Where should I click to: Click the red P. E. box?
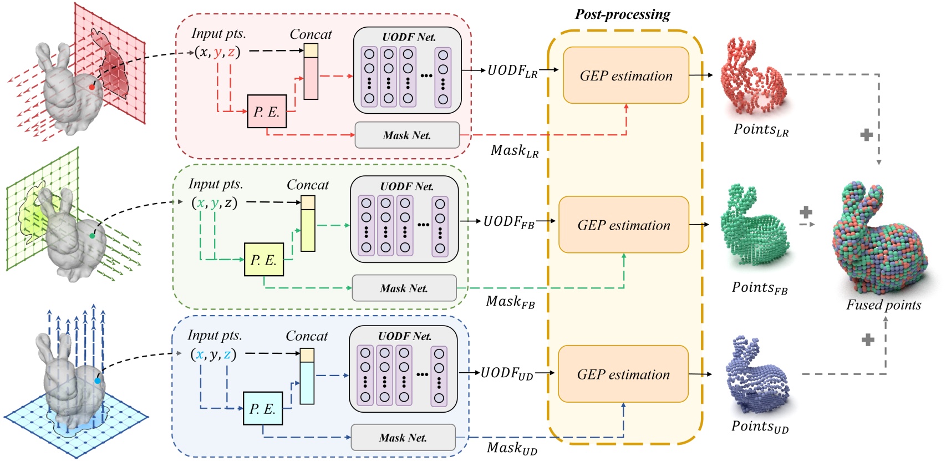pyautogui.click(x=267, y=112)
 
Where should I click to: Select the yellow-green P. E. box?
pyautogui.click(x=263, y=260)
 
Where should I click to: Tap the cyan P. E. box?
pyautogui.click(x=262, y=409)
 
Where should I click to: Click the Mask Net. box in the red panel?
pyautogui.click(x=407, y=135)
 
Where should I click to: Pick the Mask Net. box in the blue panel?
pyautogui.click(x=403, y=438)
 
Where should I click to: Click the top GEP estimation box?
pyautogui.click(x=626, y=76)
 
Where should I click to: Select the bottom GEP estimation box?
pyautogui.click(x=623, y=374)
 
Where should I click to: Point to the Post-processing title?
pyautogui.click(x=622, y=14)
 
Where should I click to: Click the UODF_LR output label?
pyautogui.click(x=512, y=71)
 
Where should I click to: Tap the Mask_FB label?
pyautogui.click(x=510, y=302)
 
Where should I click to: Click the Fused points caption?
pyautogui.click(x=883, y=305)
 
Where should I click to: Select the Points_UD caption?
pyautogui.click(x=760, y=427)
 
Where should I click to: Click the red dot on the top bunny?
pyautogui.click(x=92, y=87)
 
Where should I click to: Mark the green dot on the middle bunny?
pyautogui.click(x=92, y=236)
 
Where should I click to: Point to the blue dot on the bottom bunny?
pyautogui.click(x=98, y=381)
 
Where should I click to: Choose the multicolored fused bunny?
pyautogui.click(x=879, y=239)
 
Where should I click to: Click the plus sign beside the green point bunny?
pyautogui.click(x=806, y=212)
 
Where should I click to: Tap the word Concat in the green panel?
pyautogui.click(x=308, y=185)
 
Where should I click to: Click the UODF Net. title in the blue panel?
pyautogui.click(x=404, y=336)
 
